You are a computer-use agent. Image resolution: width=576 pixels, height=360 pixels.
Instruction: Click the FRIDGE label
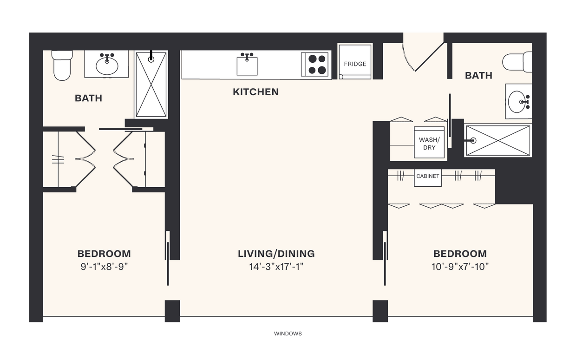[355, 64]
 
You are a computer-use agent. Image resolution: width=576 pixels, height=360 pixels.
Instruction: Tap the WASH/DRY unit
[429, 144]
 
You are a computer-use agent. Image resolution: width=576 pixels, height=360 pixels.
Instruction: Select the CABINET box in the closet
[427, 177]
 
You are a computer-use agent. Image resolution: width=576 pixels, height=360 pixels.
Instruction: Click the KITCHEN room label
[255, 92]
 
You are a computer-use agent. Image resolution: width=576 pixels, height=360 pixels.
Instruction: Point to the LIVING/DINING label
[276, 254]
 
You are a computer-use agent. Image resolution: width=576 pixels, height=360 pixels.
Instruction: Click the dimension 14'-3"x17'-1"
[276, 267]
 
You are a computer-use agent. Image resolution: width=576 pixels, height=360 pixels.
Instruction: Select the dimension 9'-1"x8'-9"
[104, 267]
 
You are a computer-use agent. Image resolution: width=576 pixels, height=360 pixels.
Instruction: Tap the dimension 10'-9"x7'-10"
[460, 267]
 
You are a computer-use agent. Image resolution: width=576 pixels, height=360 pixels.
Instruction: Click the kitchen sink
[247, 65]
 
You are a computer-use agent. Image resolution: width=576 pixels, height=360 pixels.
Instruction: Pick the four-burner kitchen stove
[316, 65]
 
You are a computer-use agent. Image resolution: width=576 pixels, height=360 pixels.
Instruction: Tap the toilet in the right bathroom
[517, 62]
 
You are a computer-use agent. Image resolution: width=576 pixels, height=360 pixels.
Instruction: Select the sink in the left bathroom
[106, 65]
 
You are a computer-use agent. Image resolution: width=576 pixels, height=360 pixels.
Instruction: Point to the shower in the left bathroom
[151, 85]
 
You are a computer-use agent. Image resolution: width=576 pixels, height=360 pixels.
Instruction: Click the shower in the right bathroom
[497, 140]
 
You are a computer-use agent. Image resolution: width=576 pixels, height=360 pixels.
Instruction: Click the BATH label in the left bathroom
[88, 98]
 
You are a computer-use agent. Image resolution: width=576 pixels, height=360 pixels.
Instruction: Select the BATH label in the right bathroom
[478, 76]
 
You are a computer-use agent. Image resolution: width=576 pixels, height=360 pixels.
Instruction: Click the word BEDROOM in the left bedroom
[104, 254]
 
